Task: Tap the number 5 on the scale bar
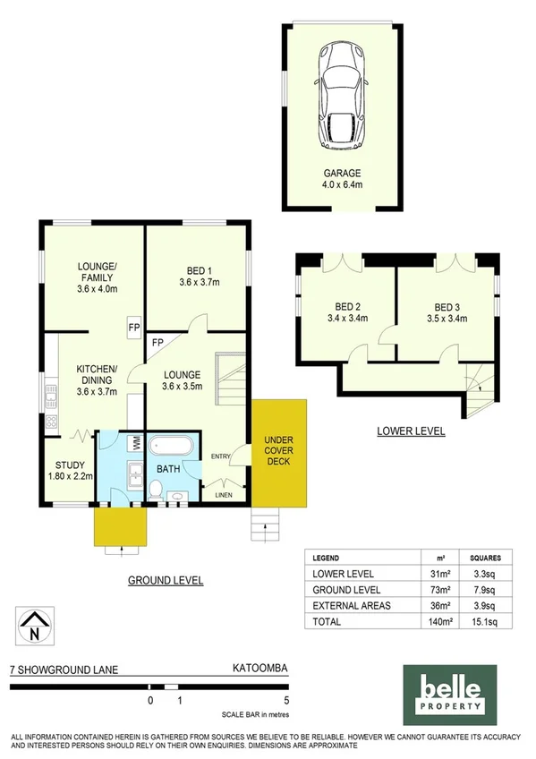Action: point(285,701)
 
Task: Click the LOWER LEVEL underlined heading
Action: point(412,431)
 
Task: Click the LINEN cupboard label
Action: point(224,494)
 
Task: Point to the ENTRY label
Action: point(220,457)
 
